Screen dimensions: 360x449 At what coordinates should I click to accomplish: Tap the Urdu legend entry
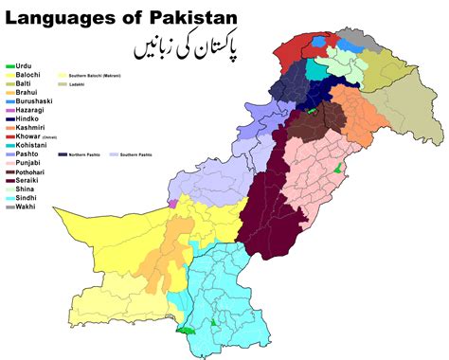click(25, 66)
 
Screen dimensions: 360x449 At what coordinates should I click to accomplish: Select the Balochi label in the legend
click(28, 75)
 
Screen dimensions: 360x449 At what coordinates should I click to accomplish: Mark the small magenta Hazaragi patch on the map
click(172, 202)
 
